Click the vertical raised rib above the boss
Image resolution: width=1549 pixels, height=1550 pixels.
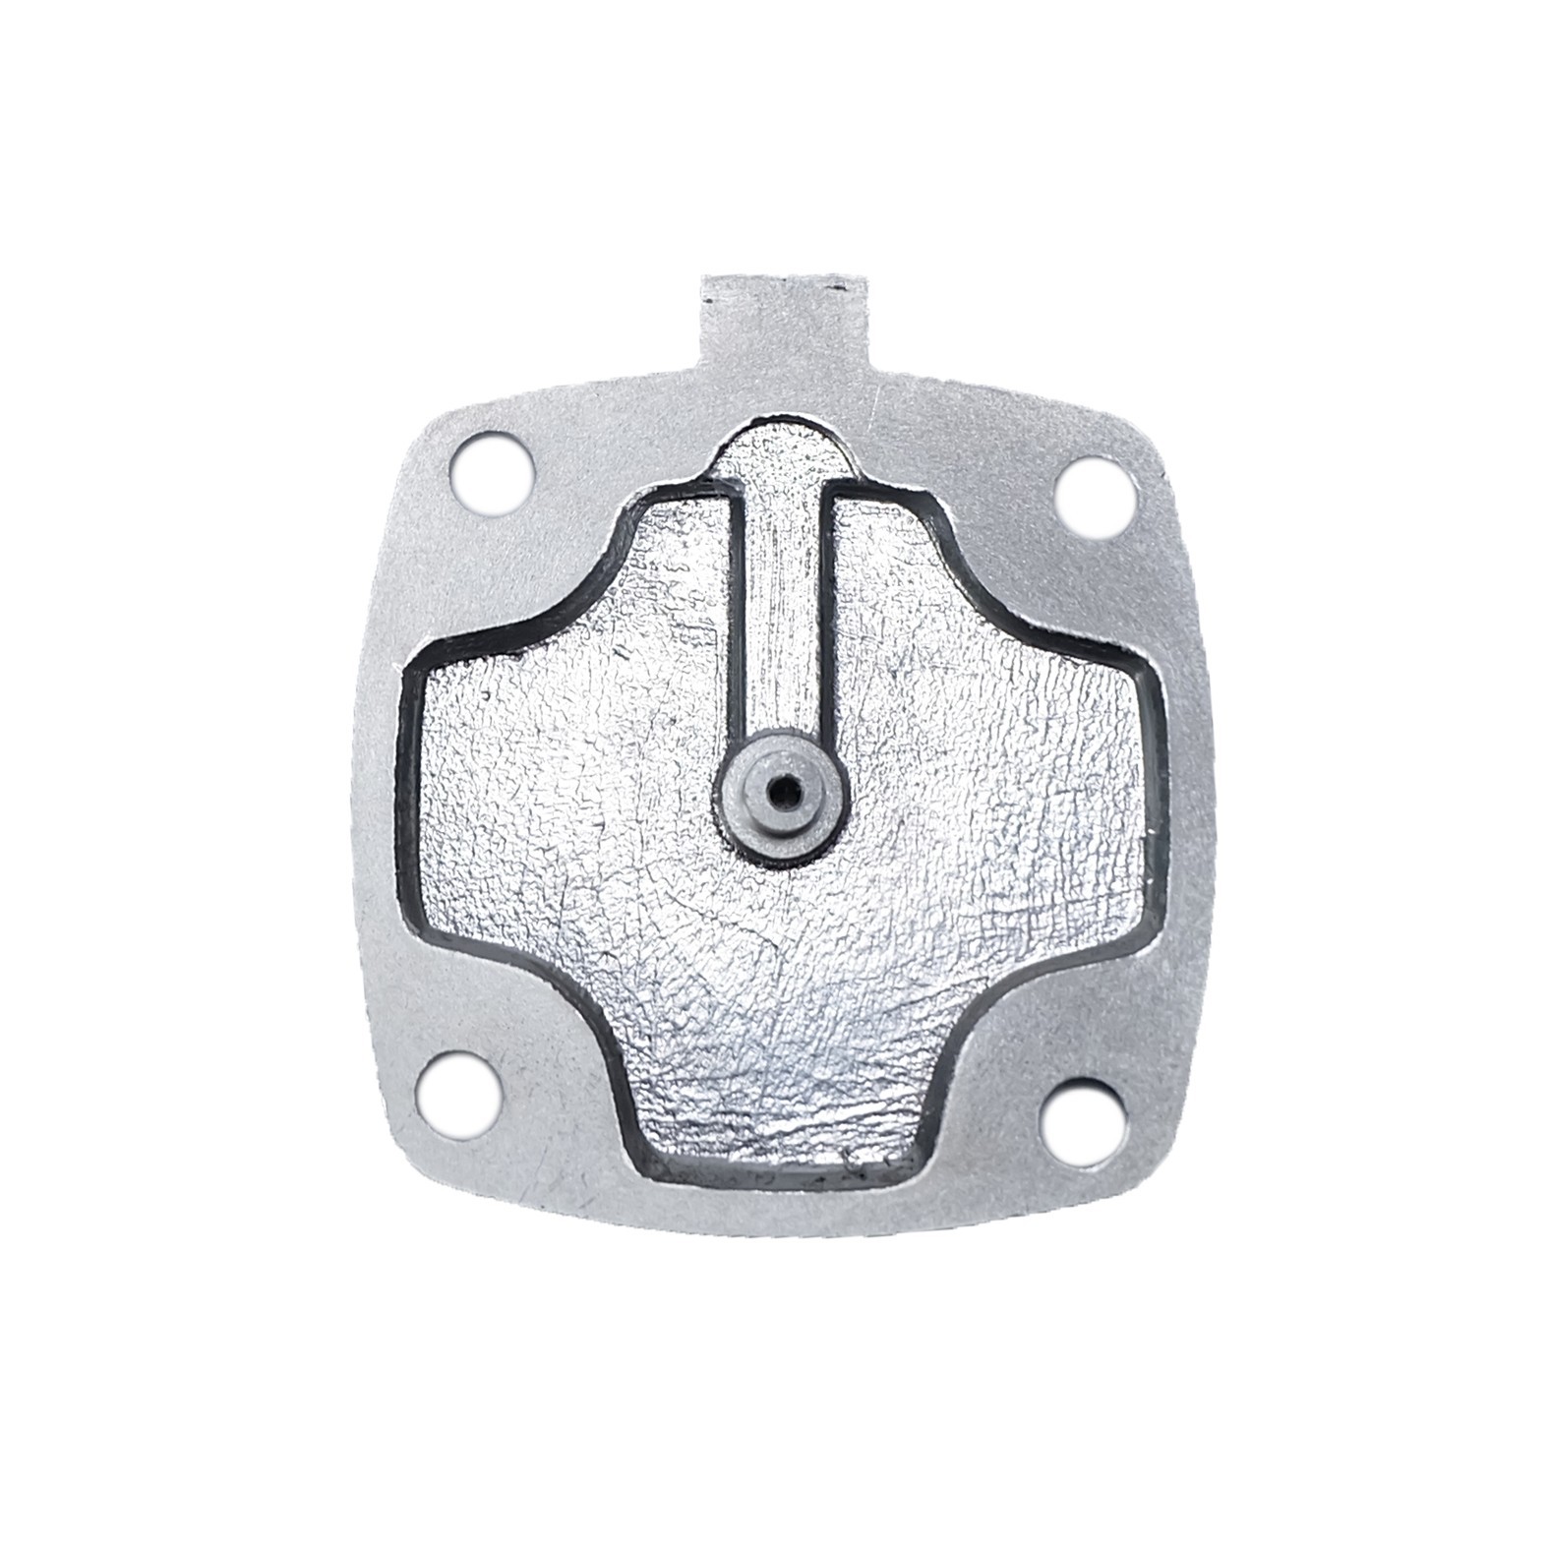pyautogui.click(x=781, y=610)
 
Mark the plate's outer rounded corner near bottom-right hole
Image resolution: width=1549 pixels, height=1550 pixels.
pyautogui.click(x=1131, y=1180)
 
